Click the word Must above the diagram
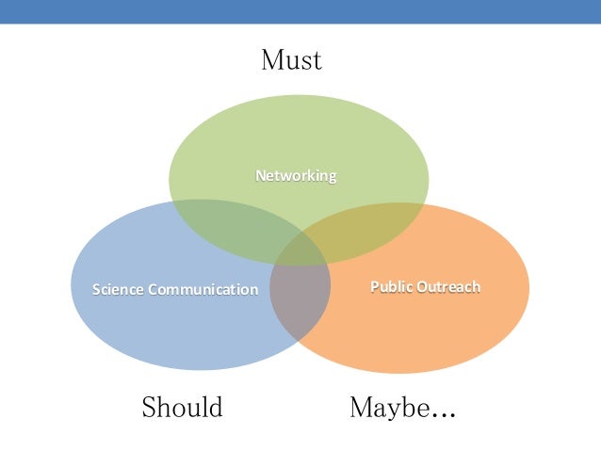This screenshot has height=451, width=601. coord(291,61)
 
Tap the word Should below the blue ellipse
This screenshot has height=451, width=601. coord(182,408)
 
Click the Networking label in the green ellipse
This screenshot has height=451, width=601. coord(297,176)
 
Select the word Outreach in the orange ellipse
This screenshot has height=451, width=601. coord(448,286)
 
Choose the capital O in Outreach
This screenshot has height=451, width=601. coord(422,286)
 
